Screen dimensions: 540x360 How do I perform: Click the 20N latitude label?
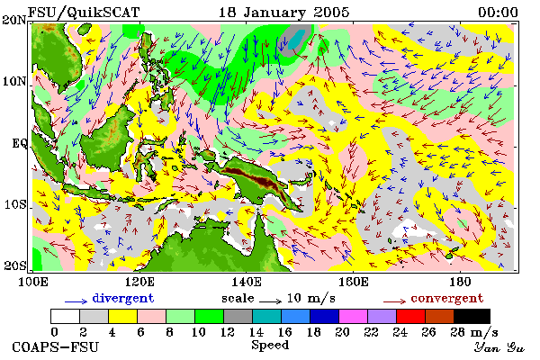(14, 20)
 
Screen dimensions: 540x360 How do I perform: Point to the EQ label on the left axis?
(19, 143)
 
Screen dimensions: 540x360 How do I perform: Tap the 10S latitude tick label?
(15, 204)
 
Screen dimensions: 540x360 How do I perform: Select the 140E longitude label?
(247, 282)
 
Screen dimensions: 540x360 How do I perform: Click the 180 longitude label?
(460, 282)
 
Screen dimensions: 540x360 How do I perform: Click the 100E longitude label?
(33, 282)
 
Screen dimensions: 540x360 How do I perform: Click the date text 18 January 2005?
(284, 13)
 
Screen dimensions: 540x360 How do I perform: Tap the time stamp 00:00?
(498, 13)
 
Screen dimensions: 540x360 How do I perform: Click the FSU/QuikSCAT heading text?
(84, 13)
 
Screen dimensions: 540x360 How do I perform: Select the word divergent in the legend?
(123, 298)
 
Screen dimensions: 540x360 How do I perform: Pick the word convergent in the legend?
(447, 298)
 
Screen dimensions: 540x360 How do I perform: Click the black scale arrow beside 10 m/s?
(270, 301)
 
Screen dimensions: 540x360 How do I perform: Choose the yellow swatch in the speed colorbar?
(122, 316)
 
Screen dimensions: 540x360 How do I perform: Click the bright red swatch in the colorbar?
(410, 316)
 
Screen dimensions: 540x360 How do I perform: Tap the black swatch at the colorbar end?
(472, 316)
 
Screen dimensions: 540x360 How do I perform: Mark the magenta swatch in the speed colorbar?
(353, 316)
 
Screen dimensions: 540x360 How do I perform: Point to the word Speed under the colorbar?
(270, 346)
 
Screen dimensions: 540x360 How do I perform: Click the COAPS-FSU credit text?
(55, 346)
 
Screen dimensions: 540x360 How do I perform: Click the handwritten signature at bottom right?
(499, 347)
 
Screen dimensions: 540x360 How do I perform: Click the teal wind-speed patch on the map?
(296, 40)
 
